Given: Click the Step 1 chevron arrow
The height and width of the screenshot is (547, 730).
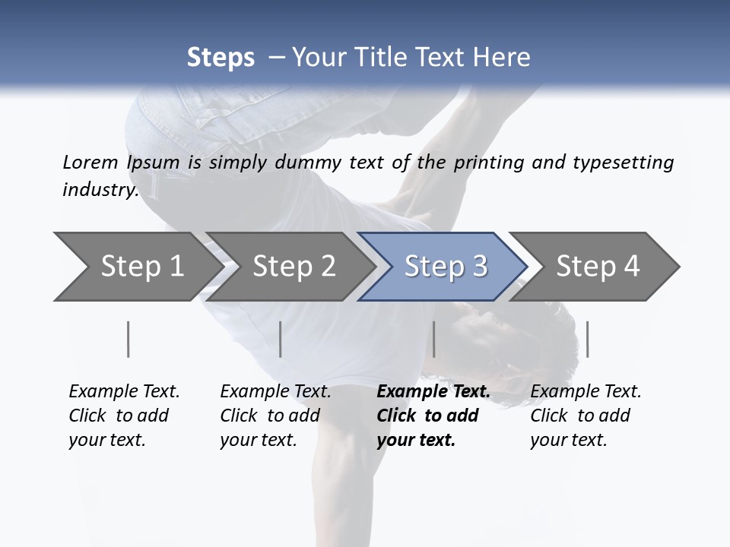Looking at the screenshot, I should [x=137, y=266].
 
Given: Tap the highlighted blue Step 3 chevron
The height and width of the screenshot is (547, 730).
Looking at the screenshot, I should [x=445, y=266].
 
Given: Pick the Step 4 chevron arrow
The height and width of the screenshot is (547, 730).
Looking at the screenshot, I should [x=597, y=266].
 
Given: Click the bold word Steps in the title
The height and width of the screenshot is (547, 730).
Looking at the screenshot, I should [x=221, y=57].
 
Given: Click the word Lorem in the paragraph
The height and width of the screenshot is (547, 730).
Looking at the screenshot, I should [x=90, y=162].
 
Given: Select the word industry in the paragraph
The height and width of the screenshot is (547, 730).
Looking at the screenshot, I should [x=100, y=189].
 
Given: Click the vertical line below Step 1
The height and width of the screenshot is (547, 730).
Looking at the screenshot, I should [x=129, y=339].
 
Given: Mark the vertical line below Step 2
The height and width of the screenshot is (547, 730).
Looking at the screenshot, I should [x=281, y=339].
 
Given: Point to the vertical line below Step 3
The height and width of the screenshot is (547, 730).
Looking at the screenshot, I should [x=433, y=339].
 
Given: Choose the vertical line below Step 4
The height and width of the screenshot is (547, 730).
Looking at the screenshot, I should [x=587, y=339].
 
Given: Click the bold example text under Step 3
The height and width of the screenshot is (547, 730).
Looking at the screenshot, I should [x=433, y=416].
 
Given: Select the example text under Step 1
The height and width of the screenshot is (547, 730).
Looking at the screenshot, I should [x=124, y=416].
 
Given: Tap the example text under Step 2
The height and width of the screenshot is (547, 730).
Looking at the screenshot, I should [x=275, y=416].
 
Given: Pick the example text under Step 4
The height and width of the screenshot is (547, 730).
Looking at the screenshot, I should [x=586, y=416].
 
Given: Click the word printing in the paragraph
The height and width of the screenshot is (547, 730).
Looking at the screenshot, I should [x=487, y=162].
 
